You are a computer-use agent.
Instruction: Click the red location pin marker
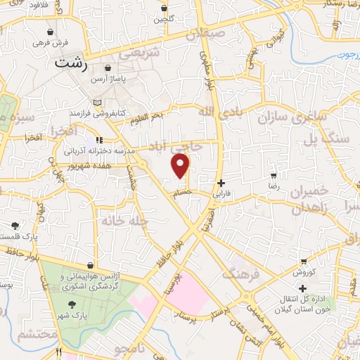181,166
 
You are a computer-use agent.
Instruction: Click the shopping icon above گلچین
165,8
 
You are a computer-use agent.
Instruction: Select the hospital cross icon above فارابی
221,182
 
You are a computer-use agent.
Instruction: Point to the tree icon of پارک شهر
72,304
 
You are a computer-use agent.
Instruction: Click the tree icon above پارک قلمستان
15,226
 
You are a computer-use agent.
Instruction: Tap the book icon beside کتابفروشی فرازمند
96,103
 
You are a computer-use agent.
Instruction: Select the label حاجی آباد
185,146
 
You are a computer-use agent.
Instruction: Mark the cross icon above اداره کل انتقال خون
303,288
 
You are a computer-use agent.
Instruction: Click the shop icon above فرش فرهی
51,32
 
